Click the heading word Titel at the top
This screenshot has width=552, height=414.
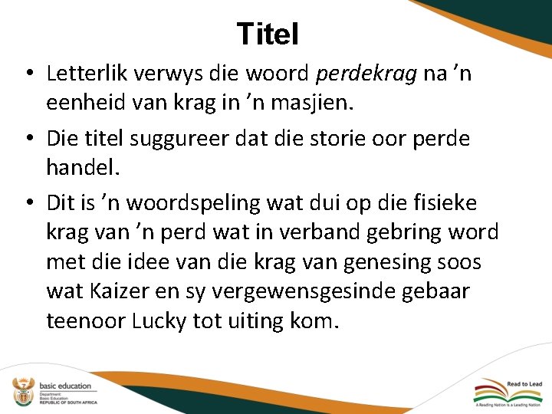coord(268,34)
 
